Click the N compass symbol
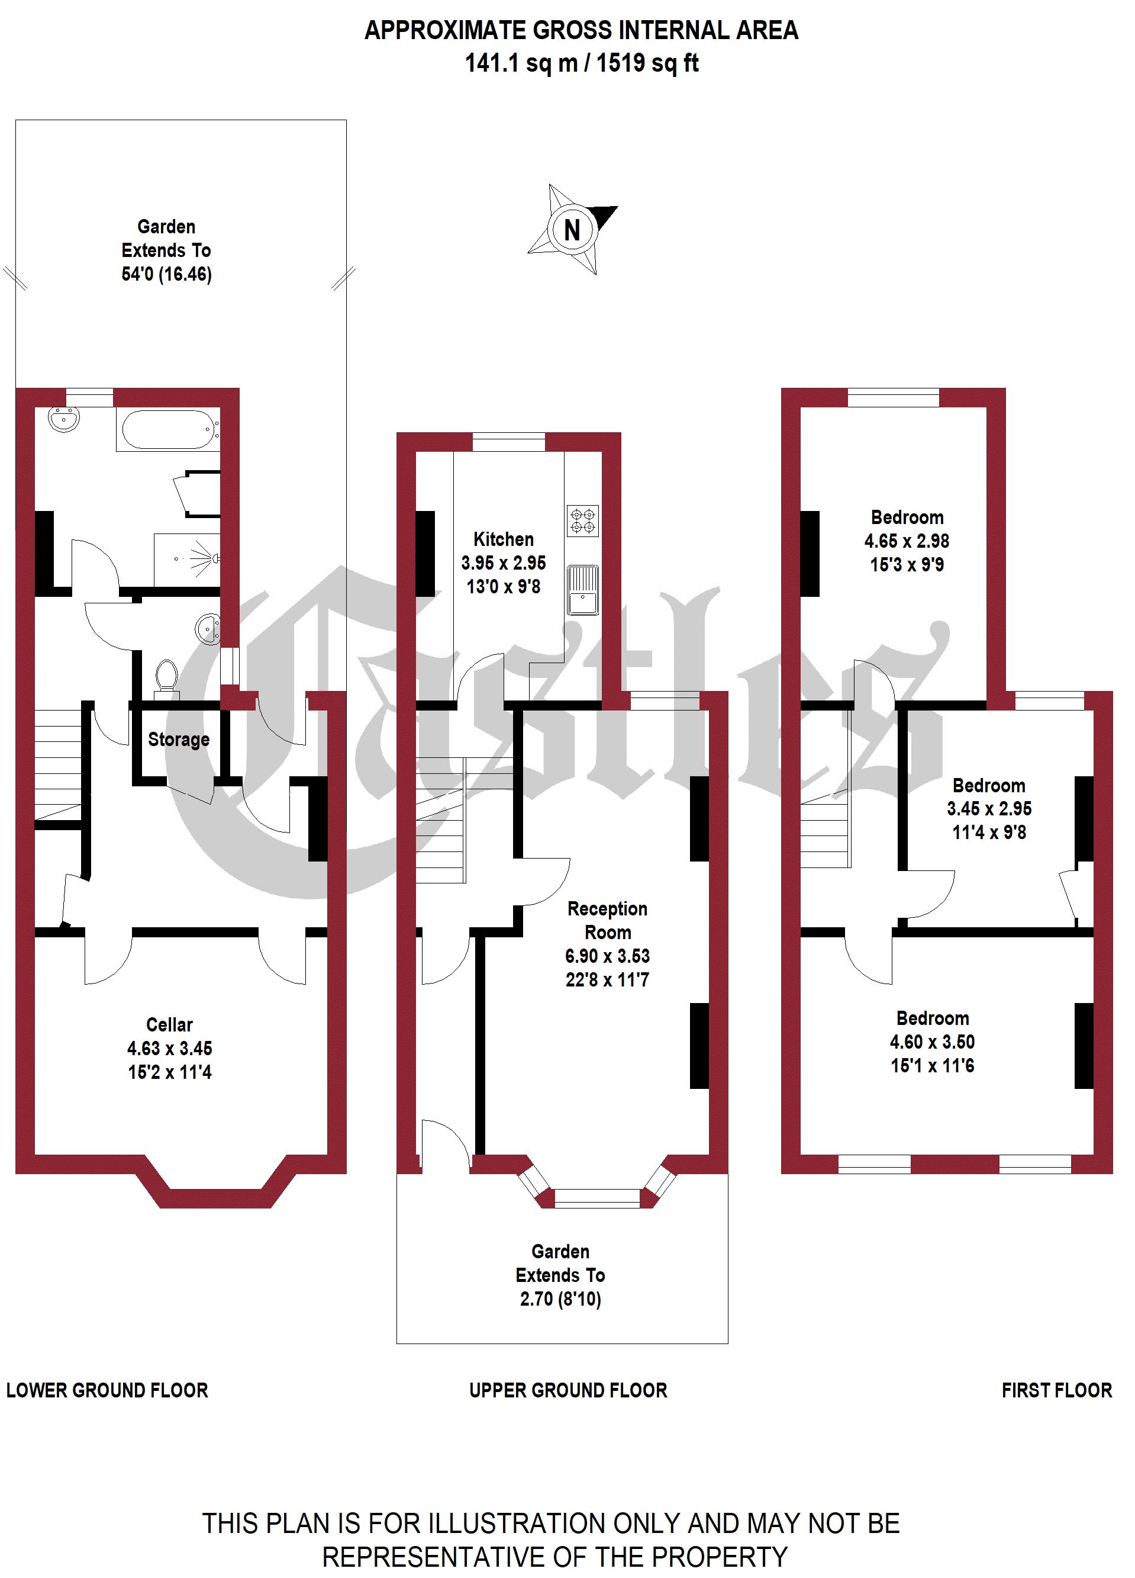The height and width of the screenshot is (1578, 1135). (572, 229)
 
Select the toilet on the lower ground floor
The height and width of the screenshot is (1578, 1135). (166, 676)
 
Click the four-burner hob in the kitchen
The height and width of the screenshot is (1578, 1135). (583, 521)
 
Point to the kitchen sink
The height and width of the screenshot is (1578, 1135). (583, 590)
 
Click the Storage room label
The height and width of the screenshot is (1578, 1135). (179, 739)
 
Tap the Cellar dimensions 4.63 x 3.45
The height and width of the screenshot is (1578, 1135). (170, 1048)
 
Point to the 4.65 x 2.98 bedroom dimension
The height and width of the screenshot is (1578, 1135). (907, 541)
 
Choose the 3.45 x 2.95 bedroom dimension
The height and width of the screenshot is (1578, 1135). (989, 808)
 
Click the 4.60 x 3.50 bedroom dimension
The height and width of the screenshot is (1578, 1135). (932, 1042)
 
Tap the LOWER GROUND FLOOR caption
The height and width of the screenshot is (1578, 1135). (107, 1390)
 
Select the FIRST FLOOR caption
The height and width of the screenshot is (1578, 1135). (1056, 1390)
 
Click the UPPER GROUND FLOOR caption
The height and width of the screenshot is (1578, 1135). (567, 1390)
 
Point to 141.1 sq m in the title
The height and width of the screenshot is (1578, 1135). (521, 63)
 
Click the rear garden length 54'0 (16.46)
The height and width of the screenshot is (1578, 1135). (166, 274)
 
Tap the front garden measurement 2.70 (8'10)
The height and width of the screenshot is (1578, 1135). (560, 1299)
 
